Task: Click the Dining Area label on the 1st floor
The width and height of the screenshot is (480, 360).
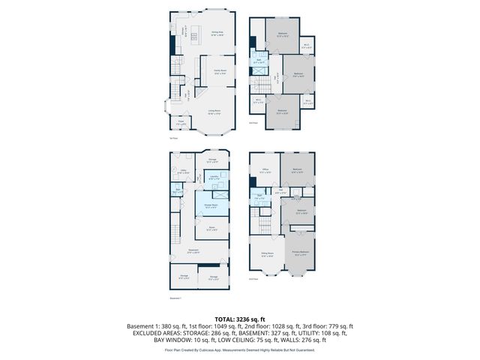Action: (217, 33)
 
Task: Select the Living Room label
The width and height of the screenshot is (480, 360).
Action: (214, 112)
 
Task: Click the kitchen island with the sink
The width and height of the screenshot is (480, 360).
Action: (193, 34)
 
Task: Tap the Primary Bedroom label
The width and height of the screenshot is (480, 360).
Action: (301, 253)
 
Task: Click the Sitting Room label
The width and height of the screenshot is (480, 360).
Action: (267, 255)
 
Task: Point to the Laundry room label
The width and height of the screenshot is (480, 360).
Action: (214, 177)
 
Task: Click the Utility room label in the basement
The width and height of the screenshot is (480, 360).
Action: (183, 172)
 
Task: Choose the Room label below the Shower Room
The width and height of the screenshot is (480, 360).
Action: (212, 228)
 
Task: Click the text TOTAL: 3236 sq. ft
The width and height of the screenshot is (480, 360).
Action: (240, 319)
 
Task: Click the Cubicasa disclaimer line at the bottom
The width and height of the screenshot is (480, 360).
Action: (240, 349)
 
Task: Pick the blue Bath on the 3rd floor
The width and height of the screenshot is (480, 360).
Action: (259, 198)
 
